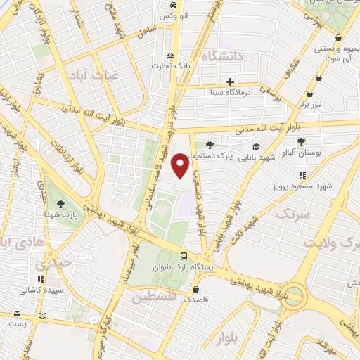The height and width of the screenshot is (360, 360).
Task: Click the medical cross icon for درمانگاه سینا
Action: click(231, 80)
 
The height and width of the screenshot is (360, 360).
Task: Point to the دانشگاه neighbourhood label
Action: click(222, 56)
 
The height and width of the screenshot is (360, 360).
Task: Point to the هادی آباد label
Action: click(21, 243)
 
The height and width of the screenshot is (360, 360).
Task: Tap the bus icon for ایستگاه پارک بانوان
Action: click(183, 257)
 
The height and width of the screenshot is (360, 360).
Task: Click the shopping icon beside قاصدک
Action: click(196, 288)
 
